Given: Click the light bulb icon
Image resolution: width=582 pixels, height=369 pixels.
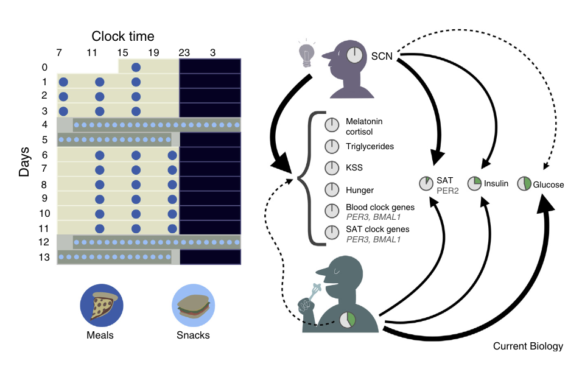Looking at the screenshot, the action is tap(307, 54).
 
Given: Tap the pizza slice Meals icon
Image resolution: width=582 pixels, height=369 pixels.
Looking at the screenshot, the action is tap(102, 306).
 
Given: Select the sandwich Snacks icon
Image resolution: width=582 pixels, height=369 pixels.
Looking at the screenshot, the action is tap(194, 306).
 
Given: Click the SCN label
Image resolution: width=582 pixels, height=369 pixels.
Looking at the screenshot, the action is tap(382, 57).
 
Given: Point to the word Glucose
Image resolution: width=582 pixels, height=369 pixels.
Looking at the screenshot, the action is tap(549, 184).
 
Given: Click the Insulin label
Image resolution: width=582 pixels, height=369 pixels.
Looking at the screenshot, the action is tap(496, 183).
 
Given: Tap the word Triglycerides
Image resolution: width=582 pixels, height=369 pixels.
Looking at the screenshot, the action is tap(370, 146).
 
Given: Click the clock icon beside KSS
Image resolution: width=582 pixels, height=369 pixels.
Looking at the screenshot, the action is tap(332, 168).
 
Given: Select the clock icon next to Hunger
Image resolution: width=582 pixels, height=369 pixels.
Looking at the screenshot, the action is tap(332, 190).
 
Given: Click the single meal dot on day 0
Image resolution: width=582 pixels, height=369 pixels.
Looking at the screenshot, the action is tap(136, 67).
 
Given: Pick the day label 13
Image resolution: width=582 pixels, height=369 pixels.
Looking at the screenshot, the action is tap(44, 257).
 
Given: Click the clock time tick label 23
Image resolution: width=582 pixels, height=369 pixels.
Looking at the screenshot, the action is tap(184, 53).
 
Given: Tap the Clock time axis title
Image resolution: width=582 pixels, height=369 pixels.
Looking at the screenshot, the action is tap(123, 37).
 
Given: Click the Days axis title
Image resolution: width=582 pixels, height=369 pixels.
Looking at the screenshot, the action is tap(24, 161).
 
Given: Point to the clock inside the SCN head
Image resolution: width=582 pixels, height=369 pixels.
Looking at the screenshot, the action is tap(354, 55).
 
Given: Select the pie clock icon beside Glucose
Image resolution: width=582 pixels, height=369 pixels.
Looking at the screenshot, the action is tap(524, 183).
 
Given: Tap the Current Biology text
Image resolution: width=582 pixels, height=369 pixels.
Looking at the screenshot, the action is tap(528, 346).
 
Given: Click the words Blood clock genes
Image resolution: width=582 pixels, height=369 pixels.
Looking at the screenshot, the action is tap(380, 207).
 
